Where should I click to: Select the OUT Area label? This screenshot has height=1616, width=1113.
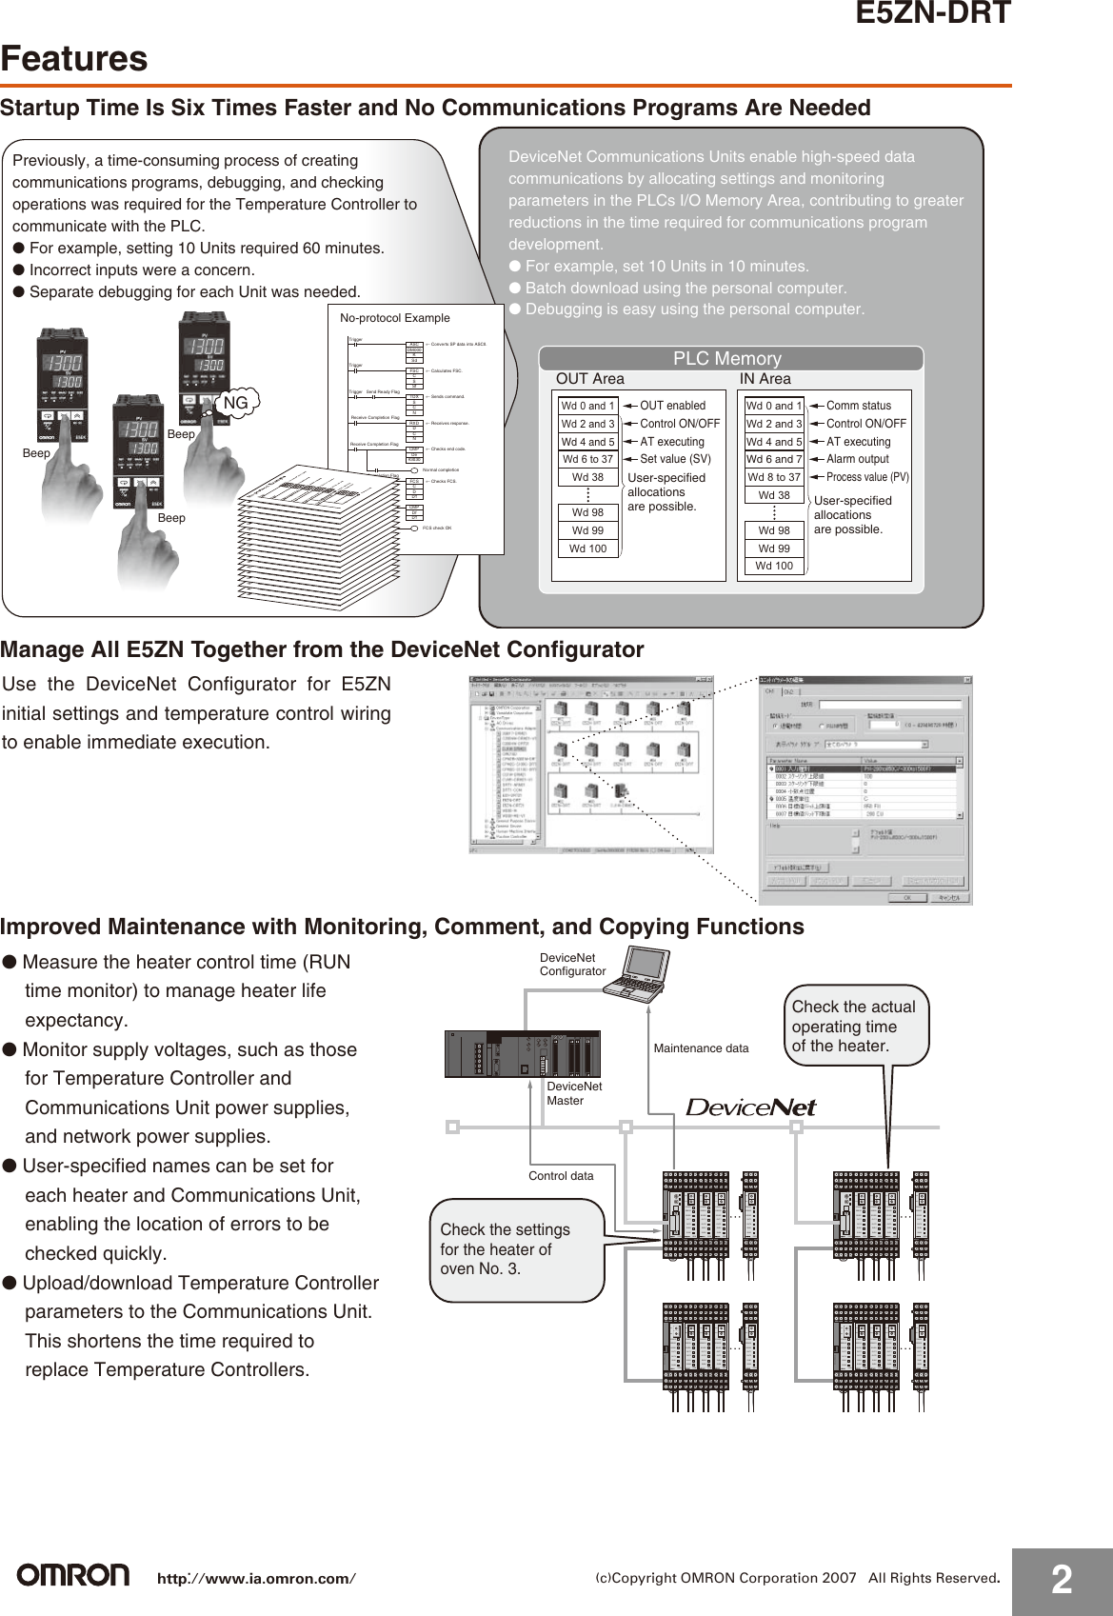point(590,379)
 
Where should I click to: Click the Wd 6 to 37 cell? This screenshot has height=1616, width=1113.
point(587,459)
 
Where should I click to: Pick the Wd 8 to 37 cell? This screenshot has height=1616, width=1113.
point(773,477)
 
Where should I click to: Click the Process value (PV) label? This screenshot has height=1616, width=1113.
point(867,477)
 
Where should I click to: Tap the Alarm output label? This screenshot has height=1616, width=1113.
point(857,459)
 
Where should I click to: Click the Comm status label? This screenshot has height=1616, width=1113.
point(858,406)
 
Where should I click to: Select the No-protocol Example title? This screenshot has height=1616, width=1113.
point(395,317)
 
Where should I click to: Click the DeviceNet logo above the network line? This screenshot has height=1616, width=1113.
point(751,1107)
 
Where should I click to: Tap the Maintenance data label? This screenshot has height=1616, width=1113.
point(701,1048)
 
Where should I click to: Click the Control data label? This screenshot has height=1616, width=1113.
point(561,1176)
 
